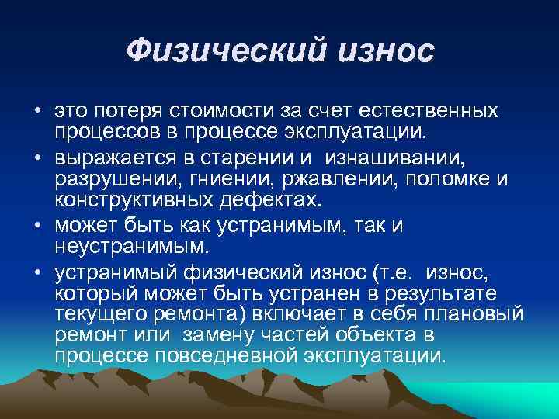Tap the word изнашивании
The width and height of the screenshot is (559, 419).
[x=396, y=160]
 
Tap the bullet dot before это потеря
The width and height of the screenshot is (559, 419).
[x=37, y=112]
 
